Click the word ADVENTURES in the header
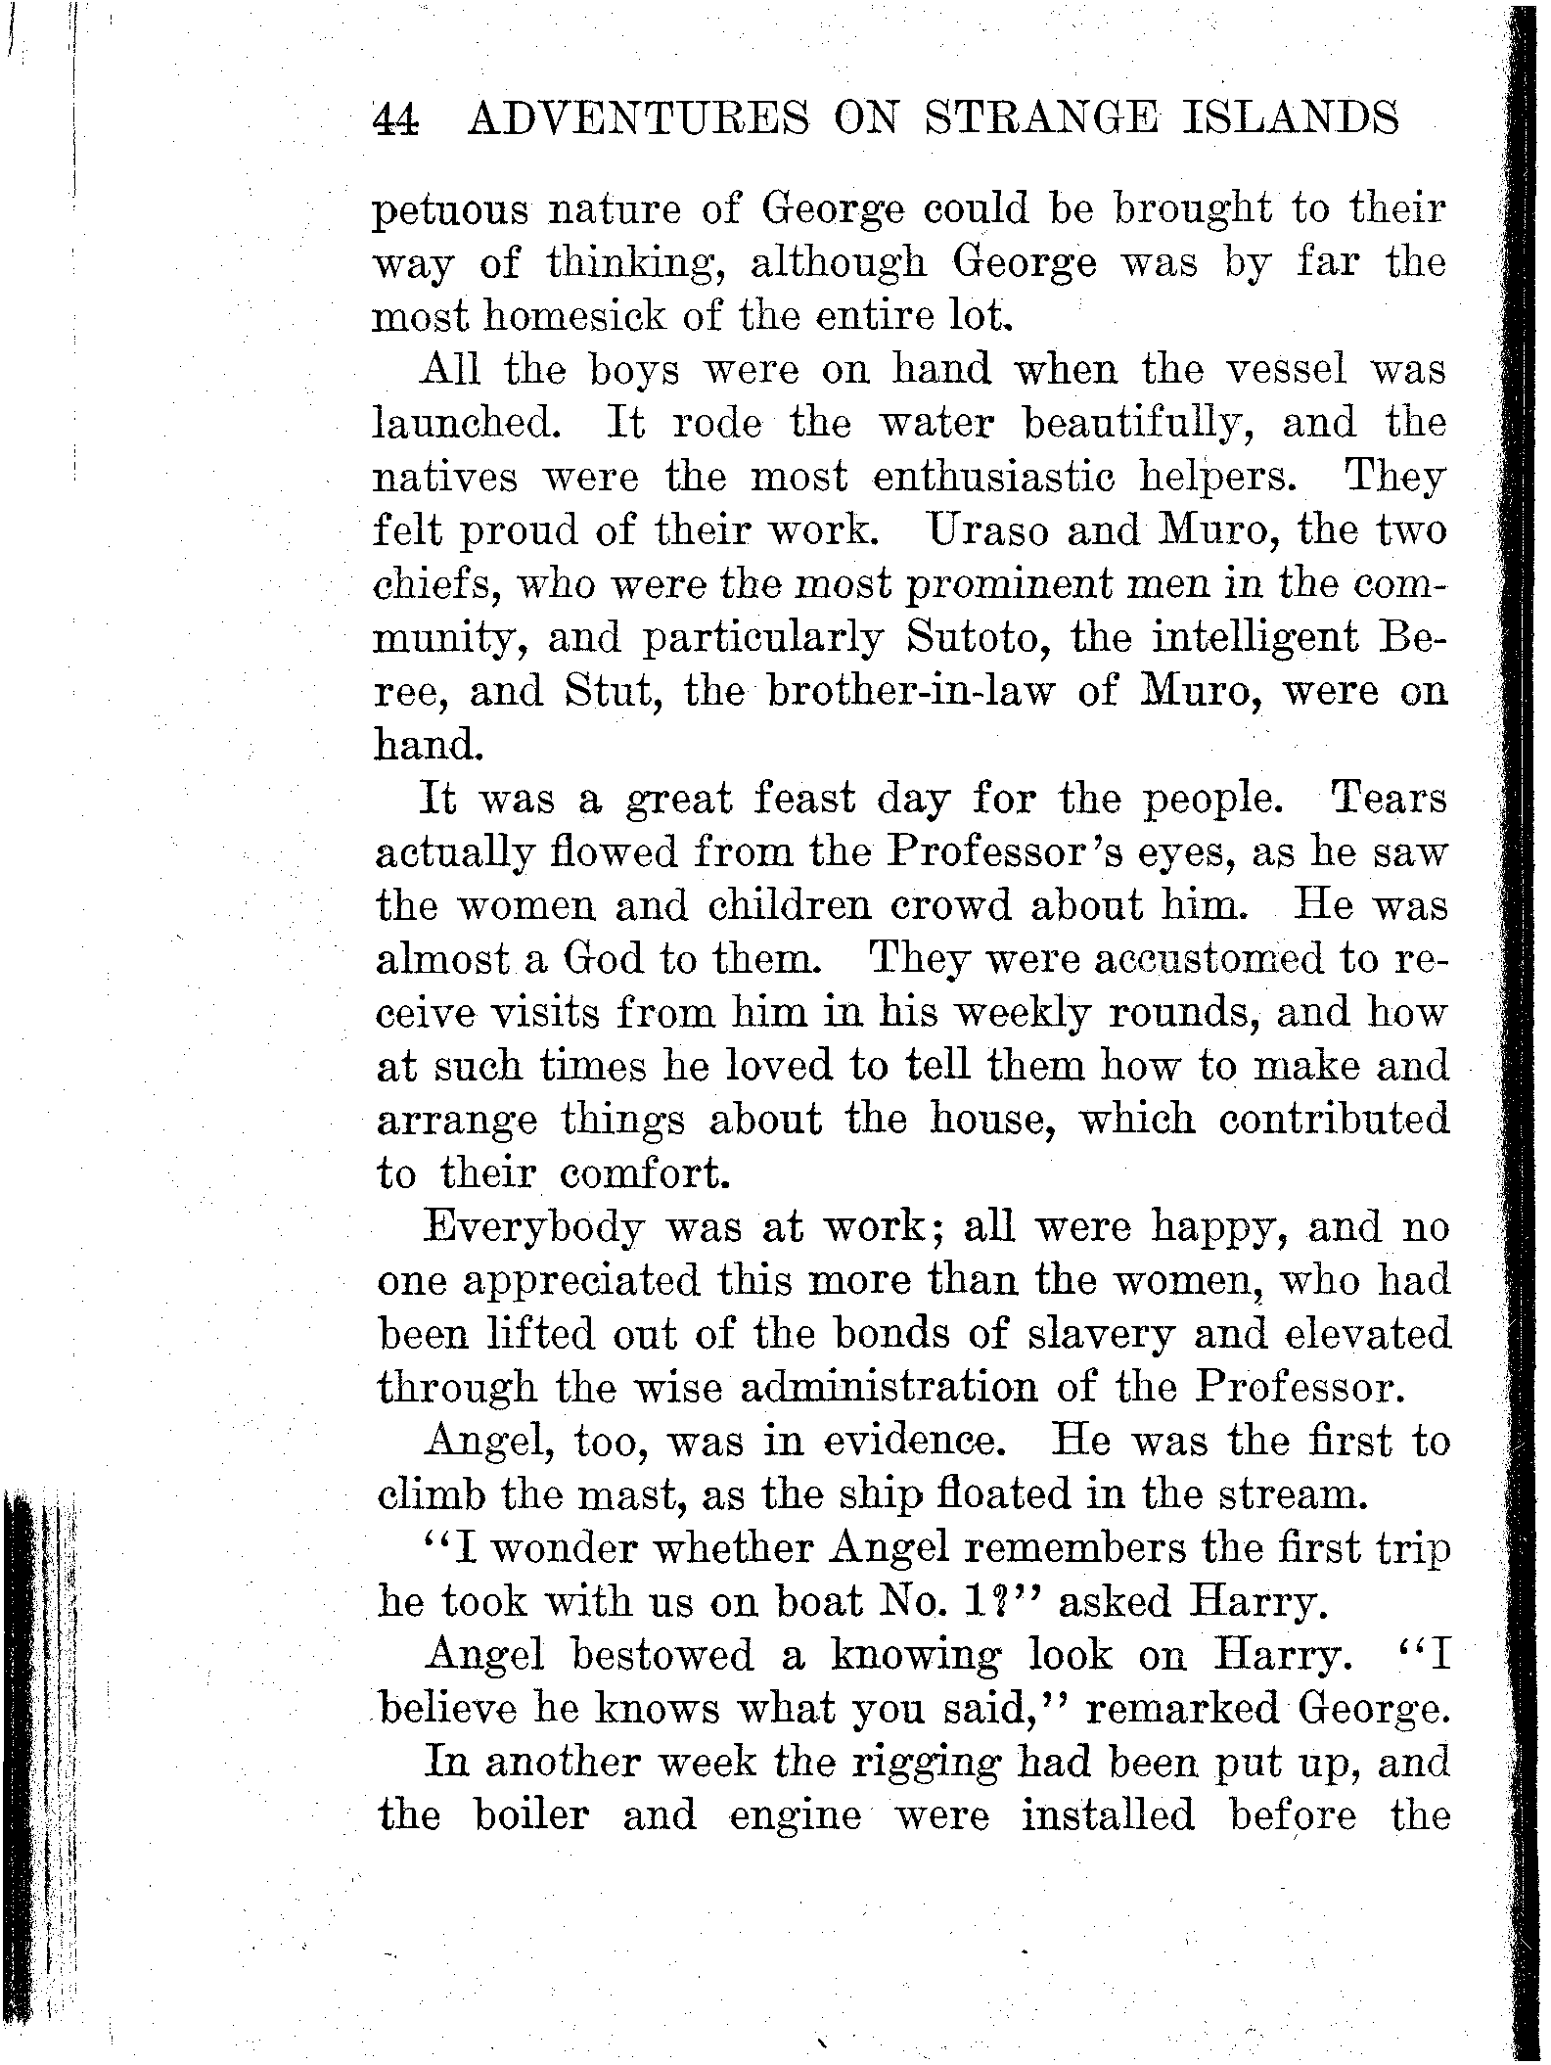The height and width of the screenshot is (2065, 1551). [639, 119]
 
